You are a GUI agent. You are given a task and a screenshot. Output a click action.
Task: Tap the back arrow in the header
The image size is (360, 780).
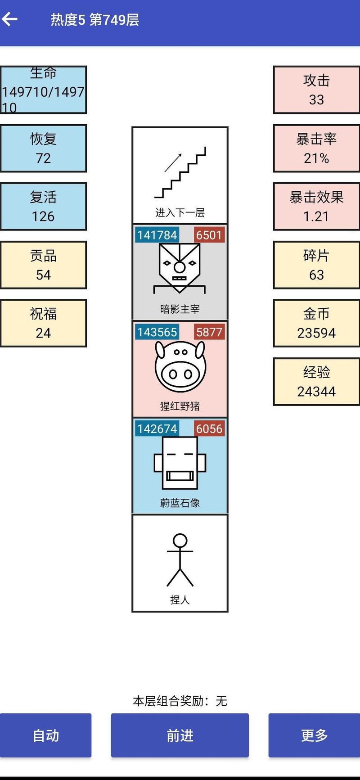[10, 19]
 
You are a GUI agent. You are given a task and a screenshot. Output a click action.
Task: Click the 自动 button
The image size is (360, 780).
[45, 735]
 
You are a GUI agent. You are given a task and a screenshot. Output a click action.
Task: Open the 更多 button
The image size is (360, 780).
[314, 735]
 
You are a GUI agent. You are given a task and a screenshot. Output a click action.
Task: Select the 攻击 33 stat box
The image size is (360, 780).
[316, 90]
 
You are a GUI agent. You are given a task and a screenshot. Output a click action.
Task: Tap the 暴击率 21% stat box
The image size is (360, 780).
[316, 149]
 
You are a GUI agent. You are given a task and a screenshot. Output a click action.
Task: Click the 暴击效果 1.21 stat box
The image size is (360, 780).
[316, 207]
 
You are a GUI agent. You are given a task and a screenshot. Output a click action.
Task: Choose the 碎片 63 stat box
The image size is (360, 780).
[316, 265]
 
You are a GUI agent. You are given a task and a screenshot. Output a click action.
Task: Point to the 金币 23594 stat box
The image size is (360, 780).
[316, 323]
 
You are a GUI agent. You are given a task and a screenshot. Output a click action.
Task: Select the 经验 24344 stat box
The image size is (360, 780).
[316, 382]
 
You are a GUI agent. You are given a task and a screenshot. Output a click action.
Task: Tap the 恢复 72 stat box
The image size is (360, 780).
[43, 149]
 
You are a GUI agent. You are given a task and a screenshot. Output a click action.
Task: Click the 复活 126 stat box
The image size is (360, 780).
[43, 207]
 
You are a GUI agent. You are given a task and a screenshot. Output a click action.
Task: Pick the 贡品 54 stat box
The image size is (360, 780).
[43, 265]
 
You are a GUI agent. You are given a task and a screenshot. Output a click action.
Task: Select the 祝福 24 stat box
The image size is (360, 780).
[43, 323]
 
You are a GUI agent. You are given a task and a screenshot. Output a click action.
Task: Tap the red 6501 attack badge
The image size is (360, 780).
[209, 235]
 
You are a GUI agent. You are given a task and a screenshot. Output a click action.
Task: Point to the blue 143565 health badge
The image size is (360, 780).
[157, 332]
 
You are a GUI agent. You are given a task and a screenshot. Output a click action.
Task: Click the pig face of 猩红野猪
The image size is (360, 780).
[180, 367]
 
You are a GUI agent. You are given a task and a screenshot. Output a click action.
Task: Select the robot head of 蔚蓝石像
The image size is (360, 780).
[180, 463]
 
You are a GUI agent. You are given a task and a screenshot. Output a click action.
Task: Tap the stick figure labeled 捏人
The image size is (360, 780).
[180, 560]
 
